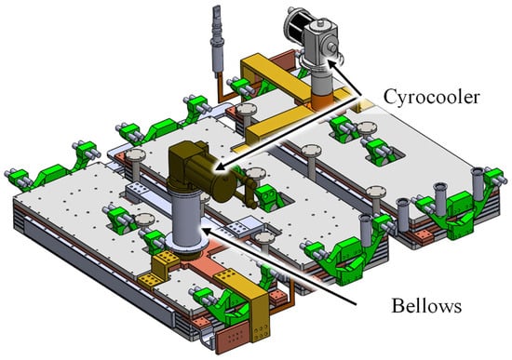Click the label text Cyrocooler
(x=432, y=97)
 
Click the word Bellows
(x=426, y=306)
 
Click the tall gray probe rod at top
(x=217, y=42)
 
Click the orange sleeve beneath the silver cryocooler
(x=322, y=100)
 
